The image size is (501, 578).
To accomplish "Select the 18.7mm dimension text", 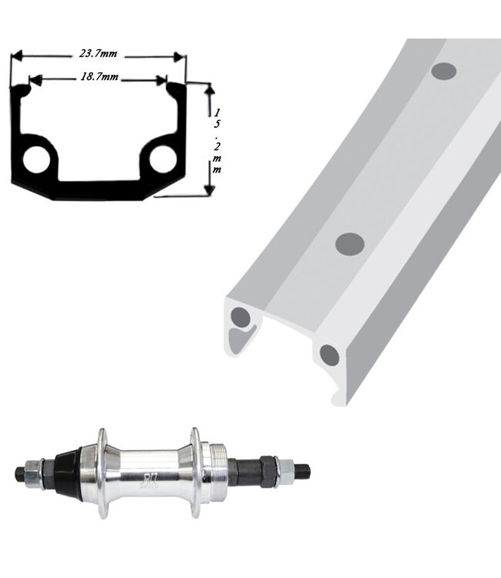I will coord(99,78).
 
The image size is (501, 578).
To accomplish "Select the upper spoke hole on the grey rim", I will coord(443,71).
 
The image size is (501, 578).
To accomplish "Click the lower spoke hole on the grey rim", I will coord(350,244).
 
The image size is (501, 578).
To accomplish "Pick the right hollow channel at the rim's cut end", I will coord(330,355).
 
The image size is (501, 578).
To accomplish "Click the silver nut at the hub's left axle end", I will coord(35,472).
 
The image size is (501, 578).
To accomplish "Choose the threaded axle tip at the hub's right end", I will coord(302,468).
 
